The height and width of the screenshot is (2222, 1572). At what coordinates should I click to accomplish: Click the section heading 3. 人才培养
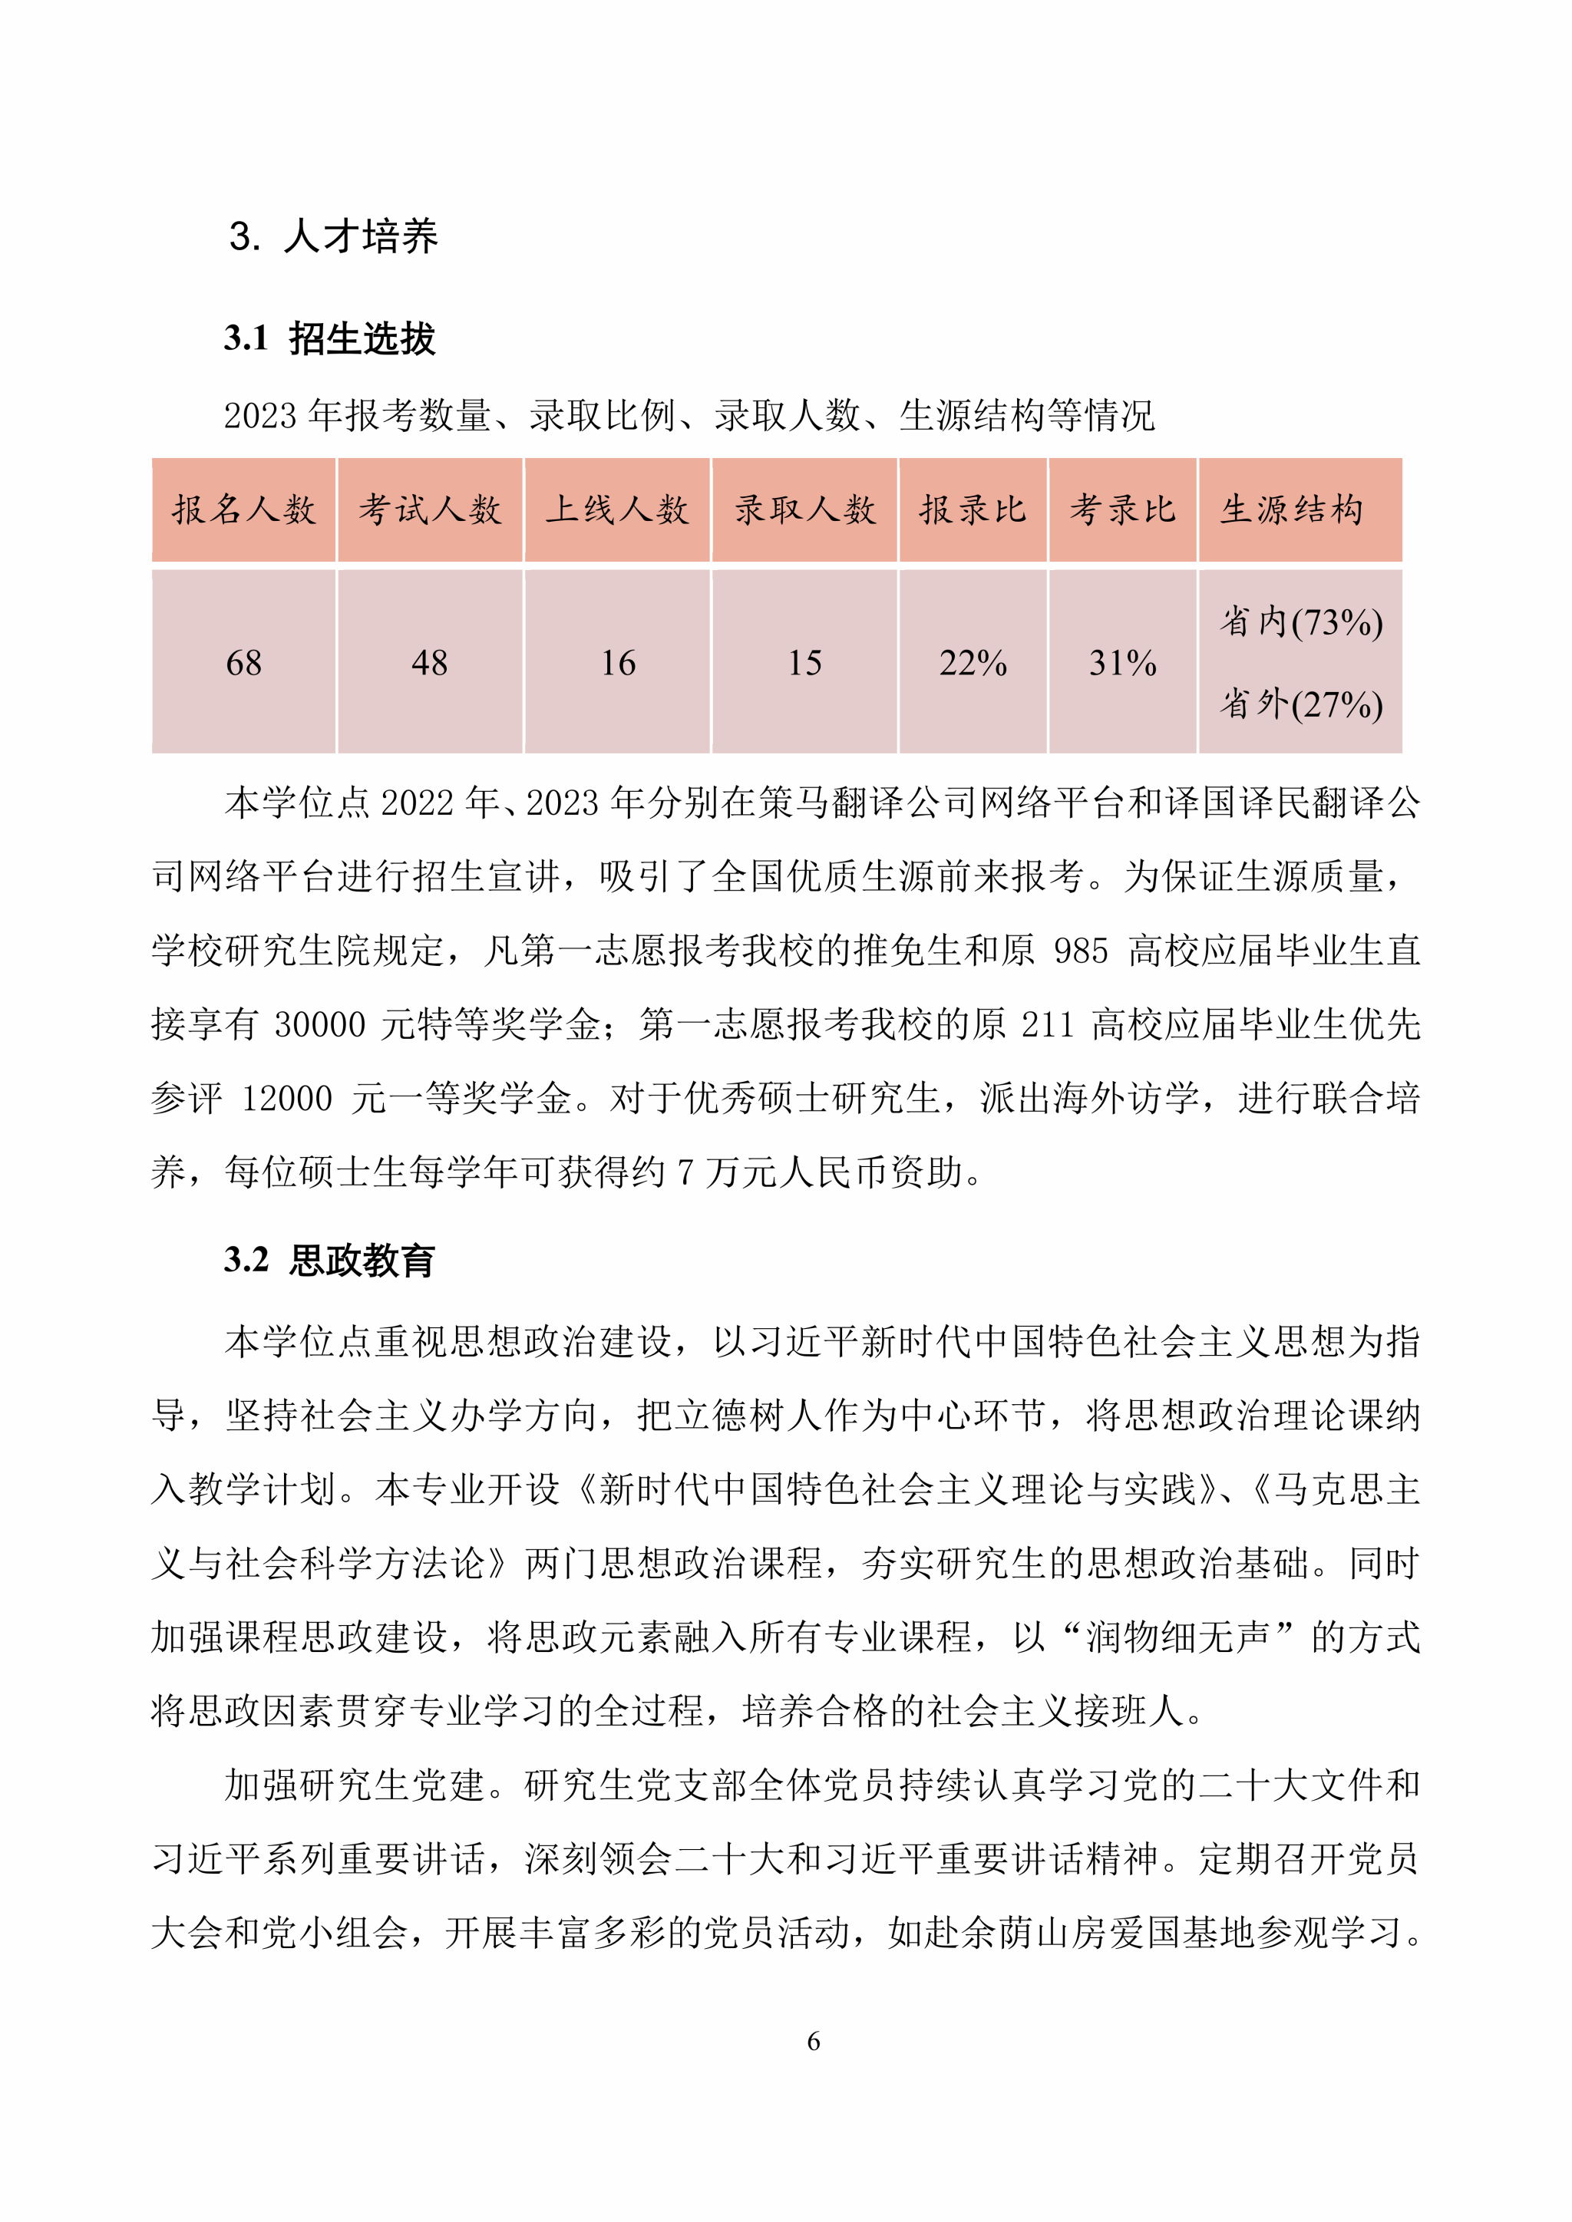coord(333,236)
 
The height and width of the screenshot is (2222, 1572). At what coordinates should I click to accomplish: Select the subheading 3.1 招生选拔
coord(329,338)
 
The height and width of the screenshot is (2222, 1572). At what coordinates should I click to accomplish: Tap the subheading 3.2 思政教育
coord(329,1260)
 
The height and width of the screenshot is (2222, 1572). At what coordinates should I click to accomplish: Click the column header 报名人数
coord(244,509)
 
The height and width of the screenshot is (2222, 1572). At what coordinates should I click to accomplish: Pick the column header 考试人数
coord(430,509)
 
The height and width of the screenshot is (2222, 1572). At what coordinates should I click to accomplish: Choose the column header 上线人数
coord(618,509)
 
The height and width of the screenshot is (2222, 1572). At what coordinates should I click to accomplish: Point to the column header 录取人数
coord(804,509)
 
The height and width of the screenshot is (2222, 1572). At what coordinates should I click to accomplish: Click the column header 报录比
coord(973,509)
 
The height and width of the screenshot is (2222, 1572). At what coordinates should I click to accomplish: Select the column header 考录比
coord(1123,509)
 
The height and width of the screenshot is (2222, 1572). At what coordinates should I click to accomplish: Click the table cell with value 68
coord(244,663)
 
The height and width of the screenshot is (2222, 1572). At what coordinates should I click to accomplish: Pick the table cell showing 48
coord(430,663)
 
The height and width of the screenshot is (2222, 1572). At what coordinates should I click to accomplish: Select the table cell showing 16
coord(618,663)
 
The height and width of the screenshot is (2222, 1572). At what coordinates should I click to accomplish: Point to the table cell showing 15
coord(804,663)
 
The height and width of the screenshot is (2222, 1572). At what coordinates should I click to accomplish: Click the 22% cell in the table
coord(973,663)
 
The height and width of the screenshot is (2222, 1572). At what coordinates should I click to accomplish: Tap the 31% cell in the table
coord(1123,663)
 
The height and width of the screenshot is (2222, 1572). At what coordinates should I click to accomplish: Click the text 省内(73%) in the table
coord(1301,621)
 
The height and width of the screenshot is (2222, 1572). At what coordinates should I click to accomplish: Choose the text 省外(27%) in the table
coord(1301,704)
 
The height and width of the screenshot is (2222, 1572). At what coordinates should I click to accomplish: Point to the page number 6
coord(813,2041)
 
